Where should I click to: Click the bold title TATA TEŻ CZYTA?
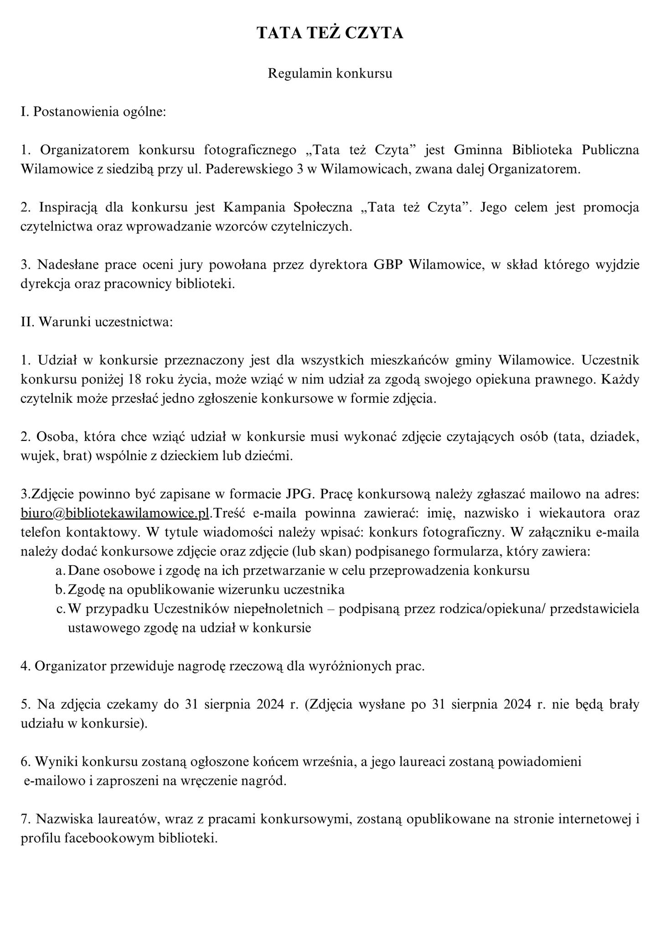330,33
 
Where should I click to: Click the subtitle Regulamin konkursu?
330,73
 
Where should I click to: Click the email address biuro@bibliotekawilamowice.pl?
115,513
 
